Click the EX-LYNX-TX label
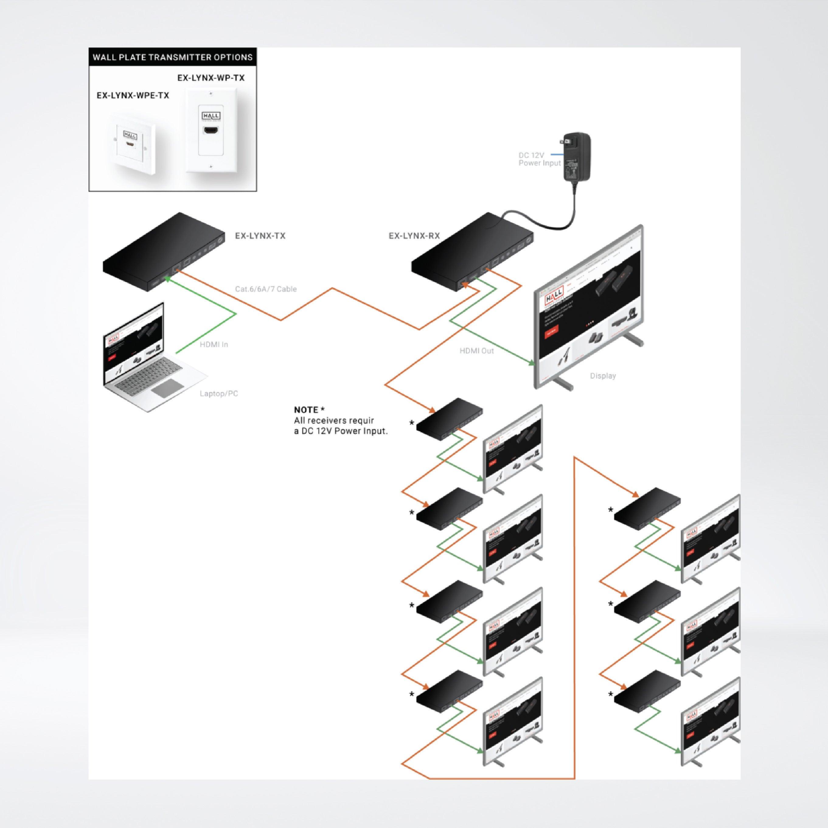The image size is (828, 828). tap(260, 236)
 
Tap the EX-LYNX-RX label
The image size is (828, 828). tap(414, 236)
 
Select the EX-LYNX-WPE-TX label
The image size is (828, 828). tap(133, 96)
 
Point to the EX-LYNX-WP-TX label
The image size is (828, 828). tap(211, 78)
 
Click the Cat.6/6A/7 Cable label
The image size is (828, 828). tap(266, 289)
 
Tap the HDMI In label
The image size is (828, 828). tap(214, 345)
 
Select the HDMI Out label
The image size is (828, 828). tap(477, 351)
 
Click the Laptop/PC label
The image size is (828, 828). tap(219, 394)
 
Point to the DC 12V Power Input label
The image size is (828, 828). tap(539, 159)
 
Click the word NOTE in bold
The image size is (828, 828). tap(306, 410)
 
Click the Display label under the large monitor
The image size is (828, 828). tap(603, 376)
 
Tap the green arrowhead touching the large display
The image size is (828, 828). tap(532, 364)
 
